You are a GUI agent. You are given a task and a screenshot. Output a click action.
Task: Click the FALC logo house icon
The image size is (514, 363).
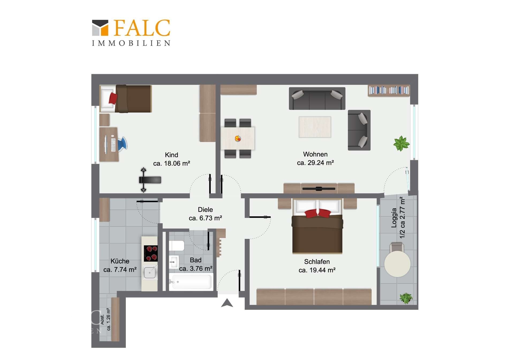pyautogui.click(x=100, y=28)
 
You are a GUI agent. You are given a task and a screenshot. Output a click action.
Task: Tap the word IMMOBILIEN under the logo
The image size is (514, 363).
pyautogui.click(x=131, y=43)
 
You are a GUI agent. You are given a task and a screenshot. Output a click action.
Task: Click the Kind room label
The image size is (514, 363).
pyautogui.click(x=171, y=155)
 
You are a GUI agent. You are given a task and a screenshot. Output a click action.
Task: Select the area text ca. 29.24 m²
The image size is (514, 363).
pyautogui.click(x=315, y=163)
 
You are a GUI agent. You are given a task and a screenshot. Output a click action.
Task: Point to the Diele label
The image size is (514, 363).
pyautogui.click(x=205, y=209)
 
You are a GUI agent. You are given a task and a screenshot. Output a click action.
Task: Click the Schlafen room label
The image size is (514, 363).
pyautogui.click(x=317, y=262)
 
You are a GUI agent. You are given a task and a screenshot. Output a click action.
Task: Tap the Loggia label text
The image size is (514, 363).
pyautogui.click(x=394, y=218)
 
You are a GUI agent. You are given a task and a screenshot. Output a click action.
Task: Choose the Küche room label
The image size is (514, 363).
pyautogui.click(x=120, y=261)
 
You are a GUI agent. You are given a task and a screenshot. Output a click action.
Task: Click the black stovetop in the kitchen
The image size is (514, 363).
pyautogui.click(x=151, y=253)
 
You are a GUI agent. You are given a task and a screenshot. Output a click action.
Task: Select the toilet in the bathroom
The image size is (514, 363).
pyautogui.click(x=176, y=246)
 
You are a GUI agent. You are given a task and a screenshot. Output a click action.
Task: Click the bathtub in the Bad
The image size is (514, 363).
pyautogui.click(x=191, y=282)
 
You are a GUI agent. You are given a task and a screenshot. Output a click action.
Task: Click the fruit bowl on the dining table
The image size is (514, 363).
pyautogui.click(x=238, y=138)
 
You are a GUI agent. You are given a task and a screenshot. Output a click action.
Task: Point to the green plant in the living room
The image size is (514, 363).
pyautogui.click(x=401, y=143)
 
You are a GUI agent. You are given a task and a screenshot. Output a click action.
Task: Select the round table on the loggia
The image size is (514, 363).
pyautogui.click(x=397, y=264)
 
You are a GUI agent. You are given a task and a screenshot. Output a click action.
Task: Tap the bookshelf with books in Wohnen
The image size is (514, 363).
pyautogui.click(x=389, y=90)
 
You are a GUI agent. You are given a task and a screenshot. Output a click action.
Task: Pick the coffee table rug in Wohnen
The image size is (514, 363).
pyautogui.click(x=315, y=127)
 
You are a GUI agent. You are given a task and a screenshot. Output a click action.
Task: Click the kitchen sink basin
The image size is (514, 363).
pyautogui.click(x=150, y=273)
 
